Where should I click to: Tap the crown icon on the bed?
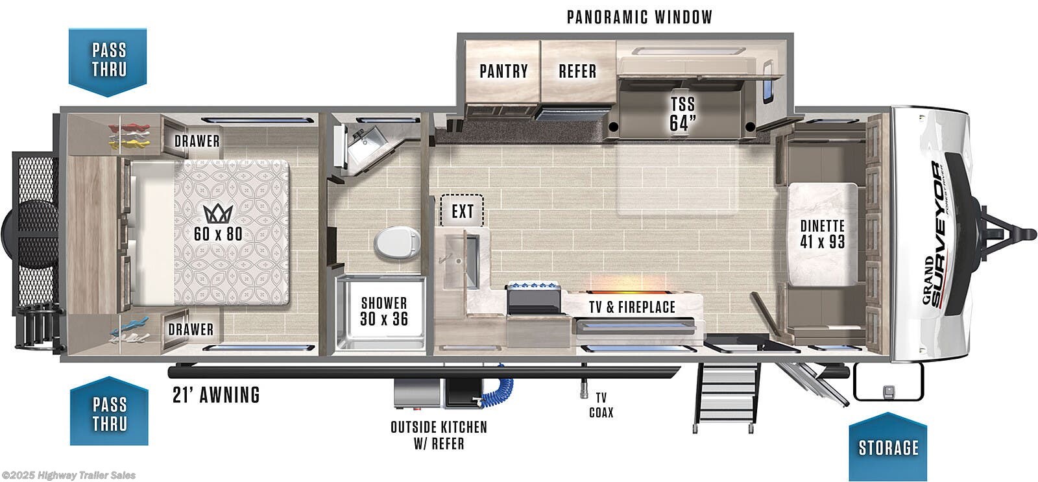pyautogui.click(x=218, y=213)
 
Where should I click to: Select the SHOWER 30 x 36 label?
pyautogui.click(x=384, y=311)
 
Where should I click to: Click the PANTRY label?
pyautogui.click(x=503, y=71)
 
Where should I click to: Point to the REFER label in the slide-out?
pyautogui.click(x=577, y=71)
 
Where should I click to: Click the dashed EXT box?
pyautogui.click(x=462, y=211)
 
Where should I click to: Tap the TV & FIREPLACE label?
pyautogui.click(x=632, y=307)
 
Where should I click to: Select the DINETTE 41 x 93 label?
pyautogui.click(x=822, y=234)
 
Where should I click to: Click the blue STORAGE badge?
pyautogui.click(x=887, y=448)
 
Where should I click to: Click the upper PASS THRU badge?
pyautogui.click(x=108, y=60)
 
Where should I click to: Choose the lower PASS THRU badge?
pyautogui.click(x=109, y=413)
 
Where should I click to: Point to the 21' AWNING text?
pyautogui.click(x=216, y=394)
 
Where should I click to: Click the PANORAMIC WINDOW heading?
pyautogui.click(x=639, y=17)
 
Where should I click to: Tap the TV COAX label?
pyautogui.click(x=601, y=405)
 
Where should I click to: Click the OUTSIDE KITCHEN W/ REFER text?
pyautogui.click(x=439, y=435)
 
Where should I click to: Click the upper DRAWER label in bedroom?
pyautogui.click(x=197, y=141)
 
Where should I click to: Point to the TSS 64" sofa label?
pyautogui.click(x=682, y=113)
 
